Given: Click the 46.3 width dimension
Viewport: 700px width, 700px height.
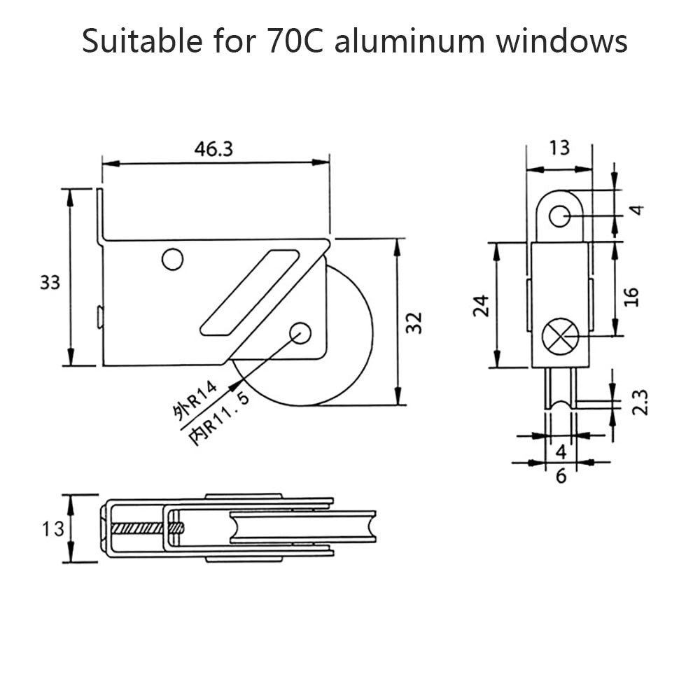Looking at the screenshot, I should coord(214,149).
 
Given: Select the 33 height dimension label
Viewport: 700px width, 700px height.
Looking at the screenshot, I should coord(50,282).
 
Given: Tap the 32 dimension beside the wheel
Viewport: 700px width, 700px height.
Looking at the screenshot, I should coord(414,322).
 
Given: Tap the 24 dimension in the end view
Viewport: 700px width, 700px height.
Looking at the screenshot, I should coord(480,306).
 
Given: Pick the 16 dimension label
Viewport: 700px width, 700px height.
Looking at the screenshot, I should coord(631,296).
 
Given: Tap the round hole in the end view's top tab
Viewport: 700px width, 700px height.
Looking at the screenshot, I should coord(559,216).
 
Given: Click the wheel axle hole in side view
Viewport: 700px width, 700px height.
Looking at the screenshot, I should coord(300,332).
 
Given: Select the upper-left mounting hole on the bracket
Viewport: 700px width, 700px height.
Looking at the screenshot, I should coord(171,259).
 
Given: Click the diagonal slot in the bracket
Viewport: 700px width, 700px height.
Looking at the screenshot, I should coord(248,289).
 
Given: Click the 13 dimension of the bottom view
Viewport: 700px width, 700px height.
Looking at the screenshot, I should coord(50,528).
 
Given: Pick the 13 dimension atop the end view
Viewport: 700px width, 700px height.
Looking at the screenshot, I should coord(559,148).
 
